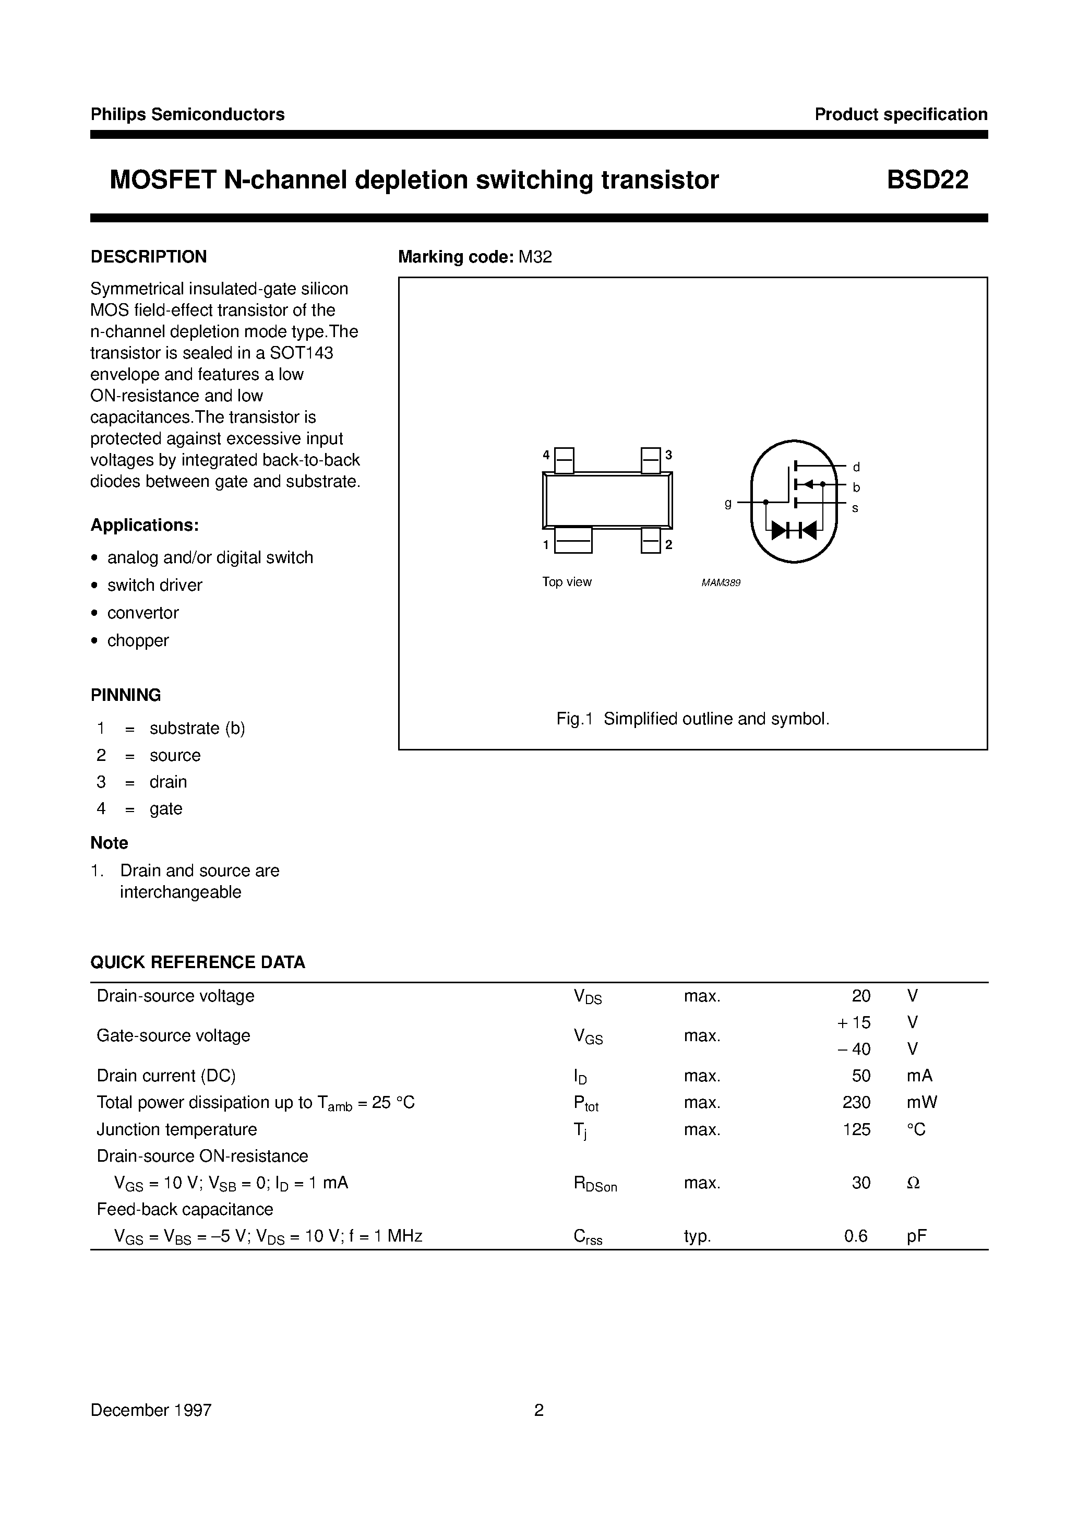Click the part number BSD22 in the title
point(927,180)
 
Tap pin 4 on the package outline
point(564,459)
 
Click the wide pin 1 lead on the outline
point(573,540)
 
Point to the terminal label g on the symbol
point(728,503)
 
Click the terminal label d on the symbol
point(856,467)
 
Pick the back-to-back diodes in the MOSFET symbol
point(794,530)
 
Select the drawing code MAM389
point(721,583)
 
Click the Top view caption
point(566,582)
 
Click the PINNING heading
point(126,695)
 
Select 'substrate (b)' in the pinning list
point(197,729)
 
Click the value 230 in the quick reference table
point(856,1103)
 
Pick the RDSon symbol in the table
point(595,1184)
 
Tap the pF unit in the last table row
point(916,1236)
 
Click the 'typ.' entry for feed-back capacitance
point(697,1236)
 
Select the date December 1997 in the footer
point(151,1410)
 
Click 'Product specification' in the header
point(901,114)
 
